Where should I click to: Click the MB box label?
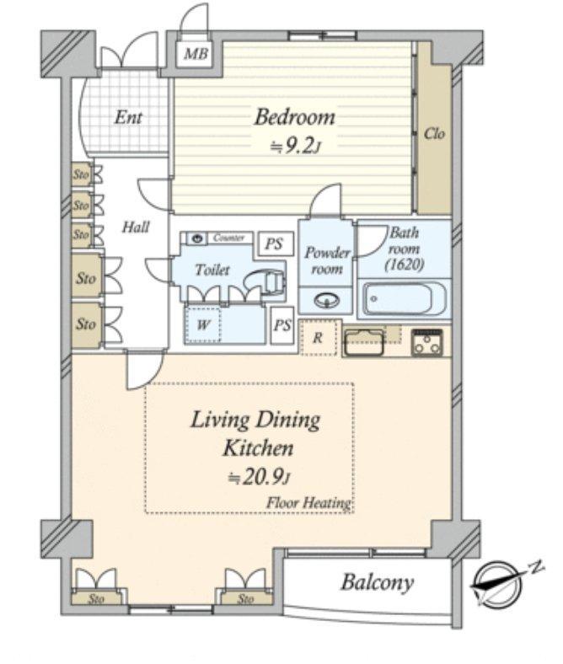196,56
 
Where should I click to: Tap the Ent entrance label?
127,117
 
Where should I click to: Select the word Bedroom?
295,117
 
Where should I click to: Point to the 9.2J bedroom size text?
295,147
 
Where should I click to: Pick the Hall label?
136,227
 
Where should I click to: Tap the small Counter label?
228,238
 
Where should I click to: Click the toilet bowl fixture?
269,281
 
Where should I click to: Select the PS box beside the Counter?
272,244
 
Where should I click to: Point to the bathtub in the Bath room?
396,299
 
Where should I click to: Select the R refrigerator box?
318,337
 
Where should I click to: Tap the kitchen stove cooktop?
427,341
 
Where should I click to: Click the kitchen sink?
364,341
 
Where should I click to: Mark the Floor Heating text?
308,503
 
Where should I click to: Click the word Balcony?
377,582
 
